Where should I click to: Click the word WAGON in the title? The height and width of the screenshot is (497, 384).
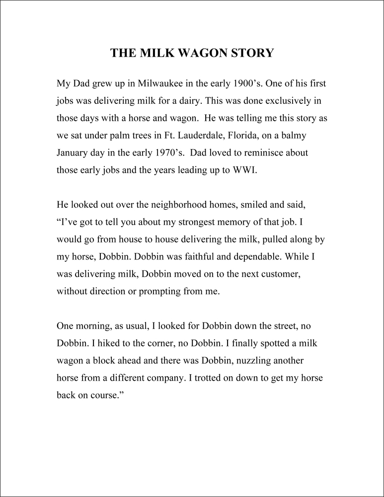[201, 53]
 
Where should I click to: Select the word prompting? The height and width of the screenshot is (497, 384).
[160, 292]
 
